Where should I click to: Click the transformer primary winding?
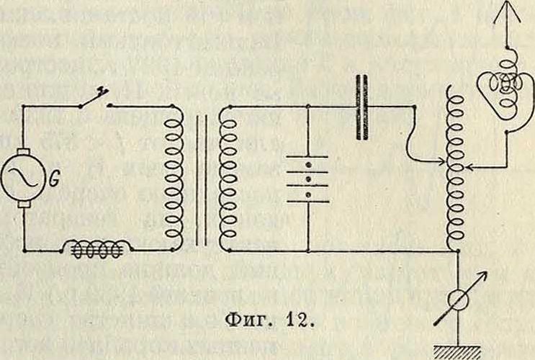[174, 177]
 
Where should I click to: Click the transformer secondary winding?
[226, 177]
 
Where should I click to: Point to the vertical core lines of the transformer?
[199, 177]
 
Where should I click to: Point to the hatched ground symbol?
[452, 351]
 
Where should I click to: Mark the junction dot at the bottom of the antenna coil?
[452, 251]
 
